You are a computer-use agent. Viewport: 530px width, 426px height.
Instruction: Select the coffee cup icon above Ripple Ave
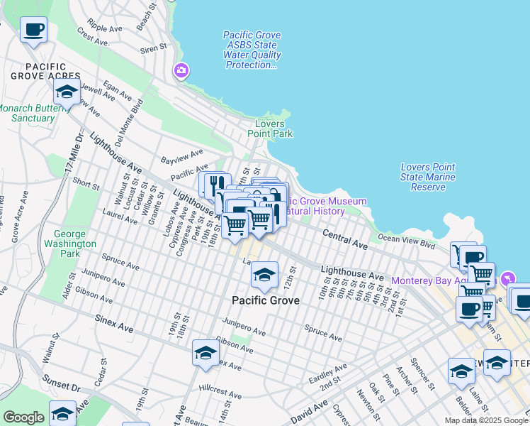(x=34, y=31)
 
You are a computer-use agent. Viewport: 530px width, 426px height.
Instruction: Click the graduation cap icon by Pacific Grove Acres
(x=67, y=92)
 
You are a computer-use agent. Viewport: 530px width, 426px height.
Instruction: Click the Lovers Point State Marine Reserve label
(x=428, y=177)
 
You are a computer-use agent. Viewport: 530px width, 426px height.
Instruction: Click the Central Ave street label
(x=345, y=239)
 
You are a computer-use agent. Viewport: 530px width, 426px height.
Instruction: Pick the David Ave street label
(x=309, y=411)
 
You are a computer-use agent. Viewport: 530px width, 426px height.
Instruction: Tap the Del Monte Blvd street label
(x=137, y=116)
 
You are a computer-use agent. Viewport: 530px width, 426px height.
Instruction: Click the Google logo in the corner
(x=23, y=417)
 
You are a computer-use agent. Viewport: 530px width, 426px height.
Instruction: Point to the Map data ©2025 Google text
(x=487, y=420)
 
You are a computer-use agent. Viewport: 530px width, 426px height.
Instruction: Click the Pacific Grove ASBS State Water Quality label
(x=252, y=50)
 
